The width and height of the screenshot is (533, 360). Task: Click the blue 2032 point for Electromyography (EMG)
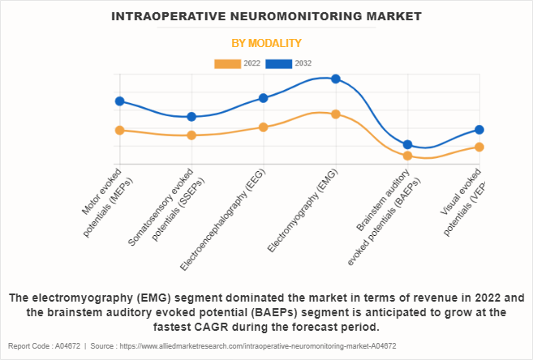coord(336,79)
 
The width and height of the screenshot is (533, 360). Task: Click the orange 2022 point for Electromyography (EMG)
coord(336,114)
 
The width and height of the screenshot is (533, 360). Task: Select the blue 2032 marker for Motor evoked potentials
coord(119,101)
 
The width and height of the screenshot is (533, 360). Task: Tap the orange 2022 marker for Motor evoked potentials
coord(119,130)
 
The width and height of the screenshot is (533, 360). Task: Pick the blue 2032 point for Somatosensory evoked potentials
coord(191,117)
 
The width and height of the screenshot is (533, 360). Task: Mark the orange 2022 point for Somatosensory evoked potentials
coord(191,135)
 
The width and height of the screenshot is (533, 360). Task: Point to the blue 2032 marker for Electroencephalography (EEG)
coord(264,98)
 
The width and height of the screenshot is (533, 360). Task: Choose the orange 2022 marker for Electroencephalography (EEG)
coord(264,127)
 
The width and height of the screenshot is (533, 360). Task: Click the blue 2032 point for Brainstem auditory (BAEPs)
coord(408,144)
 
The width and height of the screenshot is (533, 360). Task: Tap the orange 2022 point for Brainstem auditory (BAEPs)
coord(408,156)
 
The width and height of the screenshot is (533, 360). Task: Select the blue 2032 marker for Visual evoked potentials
coord(479,130)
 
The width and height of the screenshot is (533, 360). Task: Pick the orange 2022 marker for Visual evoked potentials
coord(479,147)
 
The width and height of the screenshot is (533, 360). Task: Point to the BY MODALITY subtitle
coord(266,43)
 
